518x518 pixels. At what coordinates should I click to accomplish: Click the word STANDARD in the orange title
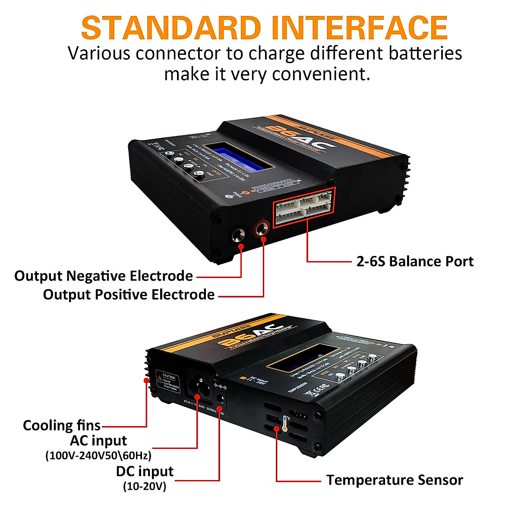[x=171, y=28]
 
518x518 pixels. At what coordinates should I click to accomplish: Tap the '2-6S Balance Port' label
[x=415, y=261]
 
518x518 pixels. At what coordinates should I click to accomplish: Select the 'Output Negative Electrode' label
[x=104, y=276]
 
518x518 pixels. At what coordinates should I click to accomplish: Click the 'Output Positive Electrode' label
[x=129, y=294]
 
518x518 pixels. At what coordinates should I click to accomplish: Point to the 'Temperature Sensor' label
[x=395, y=480]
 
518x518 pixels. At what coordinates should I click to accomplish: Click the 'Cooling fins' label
[x=62, y=425]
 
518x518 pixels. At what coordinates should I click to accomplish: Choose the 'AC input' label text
[x=98, y=441]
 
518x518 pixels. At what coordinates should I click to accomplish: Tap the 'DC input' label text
[x=145, y=471]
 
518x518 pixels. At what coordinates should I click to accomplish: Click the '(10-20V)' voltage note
[x=145, y=486]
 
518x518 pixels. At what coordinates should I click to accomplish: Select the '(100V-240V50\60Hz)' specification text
[x=98, y=455]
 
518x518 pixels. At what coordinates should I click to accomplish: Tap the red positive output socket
[x=261, y=229]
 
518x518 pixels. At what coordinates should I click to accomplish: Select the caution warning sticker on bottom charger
[x=168, y=382]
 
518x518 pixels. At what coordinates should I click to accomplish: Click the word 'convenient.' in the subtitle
[x=321, y=74]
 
